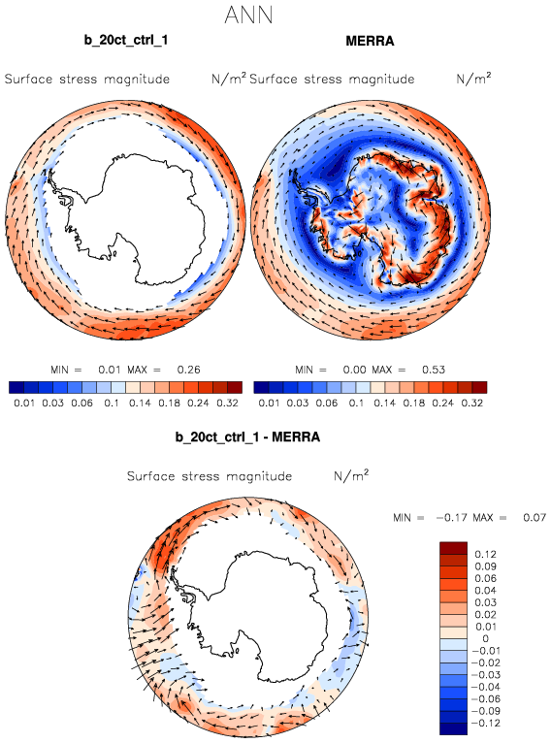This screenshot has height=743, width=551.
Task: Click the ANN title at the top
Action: pyautogui.click(x=248, y=16)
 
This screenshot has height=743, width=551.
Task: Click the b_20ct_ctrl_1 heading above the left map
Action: pyautogui.click(x=126, y=41)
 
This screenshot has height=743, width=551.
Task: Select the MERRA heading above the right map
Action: pyautogui.click(x=370, y=42)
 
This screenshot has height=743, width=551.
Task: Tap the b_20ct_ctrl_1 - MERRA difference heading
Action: pyautogui.click(x=247, y=436)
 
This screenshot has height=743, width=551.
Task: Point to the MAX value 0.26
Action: pyautogui.click(x=188, y=370)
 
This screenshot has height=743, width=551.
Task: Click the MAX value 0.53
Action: pyautogui.click(x=434, y=370)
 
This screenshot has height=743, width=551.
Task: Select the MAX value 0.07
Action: pyautogui.click(x=535, y=517)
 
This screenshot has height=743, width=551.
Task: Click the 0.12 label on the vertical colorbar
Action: pyautogui.click(x=486, y=554)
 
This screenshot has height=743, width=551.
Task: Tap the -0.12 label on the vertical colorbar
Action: pyautogui.click(x=484, y=723)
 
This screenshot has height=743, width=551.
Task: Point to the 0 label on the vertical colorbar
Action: pyautogui.click(x=485, y=638)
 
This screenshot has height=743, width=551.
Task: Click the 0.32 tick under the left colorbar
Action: pyautogui.click(x=227, y=403)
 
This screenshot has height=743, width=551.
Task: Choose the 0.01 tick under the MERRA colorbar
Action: pyautogui.click(x=269, y=403)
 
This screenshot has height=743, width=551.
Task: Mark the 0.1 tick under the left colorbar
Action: pyautogui.click(x=112, y=403)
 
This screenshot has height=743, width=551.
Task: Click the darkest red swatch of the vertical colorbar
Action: pyautogui.click(x=453, y=548)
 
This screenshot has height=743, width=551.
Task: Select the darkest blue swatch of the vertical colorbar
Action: pyautogui.click(x=453, y=728)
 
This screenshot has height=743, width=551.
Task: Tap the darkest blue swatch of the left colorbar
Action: pyautogui.click(x=16, y=388)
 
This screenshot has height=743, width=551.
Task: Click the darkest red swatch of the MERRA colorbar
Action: pyautogui.click(x=479, y=388)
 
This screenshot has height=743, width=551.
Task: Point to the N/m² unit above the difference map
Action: pyautogui.click(x=351, y=474)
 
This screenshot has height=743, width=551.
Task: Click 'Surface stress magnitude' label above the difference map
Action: pyautogui.click(x=209, y=476)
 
